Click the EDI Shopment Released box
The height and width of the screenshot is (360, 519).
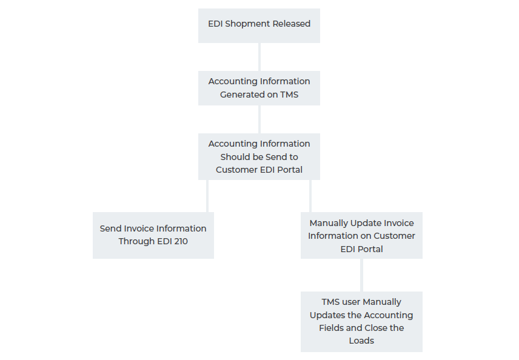tap(259, 25)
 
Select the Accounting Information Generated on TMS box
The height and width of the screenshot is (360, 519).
tap(259, 88)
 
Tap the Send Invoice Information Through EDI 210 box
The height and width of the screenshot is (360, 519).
tap(153, 235)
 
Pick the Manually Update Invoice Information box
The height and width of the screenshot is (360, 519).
tap(361, 236)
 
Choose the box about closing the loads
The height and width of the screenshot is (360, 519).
tap(361, 321)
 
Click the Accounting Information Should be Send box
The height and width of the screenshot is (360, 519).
tap(259, 156)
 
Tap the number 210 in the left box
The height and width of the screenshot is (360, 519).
tap(179, 241)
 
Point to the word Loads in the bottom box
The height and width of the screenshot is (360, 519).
tap(361, 341)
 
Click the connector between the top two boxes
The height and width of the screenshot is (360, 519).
tap(259, 56)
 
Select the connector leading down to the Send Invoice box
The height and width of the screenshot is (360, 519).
tap(207, 196)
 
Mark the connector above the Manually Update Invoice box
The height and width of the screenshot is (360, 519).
tap(310, 196)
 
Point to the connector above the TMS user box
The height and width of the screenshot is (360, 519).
tap(361, 275)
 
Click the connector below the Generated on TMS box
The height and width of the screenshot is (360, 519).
tap(259, 119)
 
